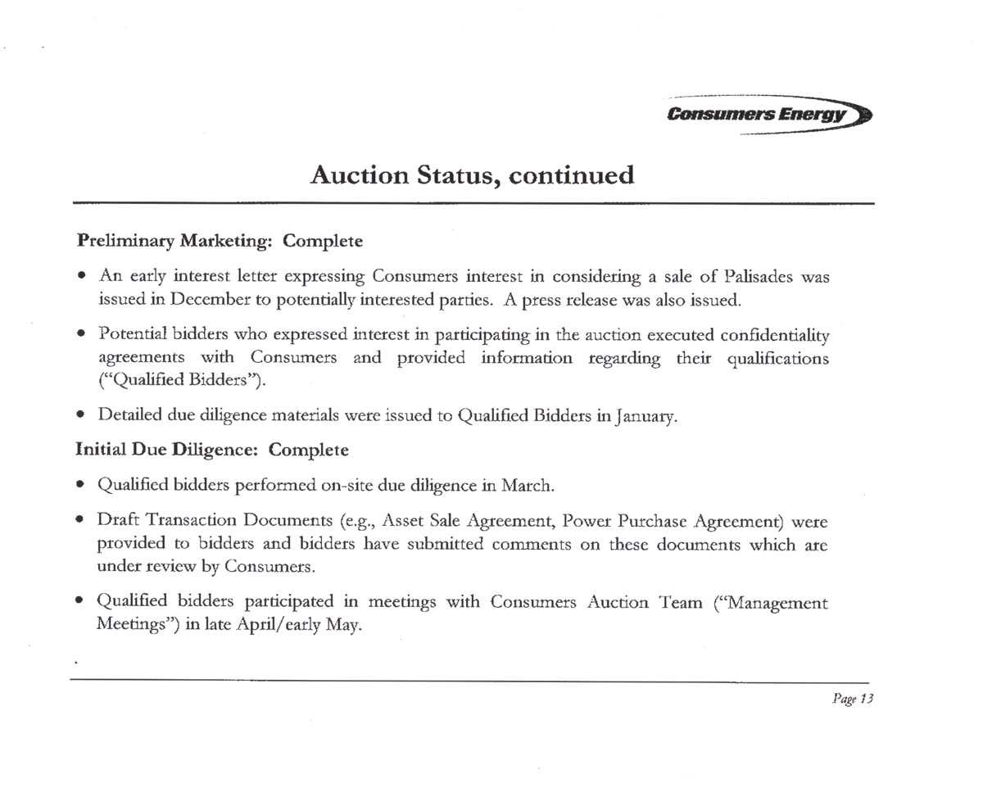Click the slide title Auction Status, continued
click(x=472, y=175)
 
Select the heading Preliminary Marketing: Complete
click(x=220, y=242)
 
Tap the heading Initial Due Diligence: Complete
click(x=212, y=450)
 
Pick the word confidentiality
click(x=775, y=336)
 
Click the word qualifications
click(x=778, y=359)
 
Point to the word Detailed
click(x=129, y=415)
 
